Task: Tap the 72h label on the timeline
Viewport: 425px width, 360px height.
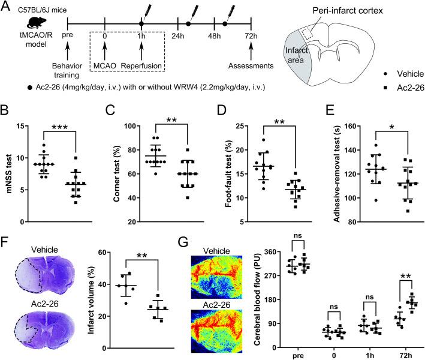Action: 260,37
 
